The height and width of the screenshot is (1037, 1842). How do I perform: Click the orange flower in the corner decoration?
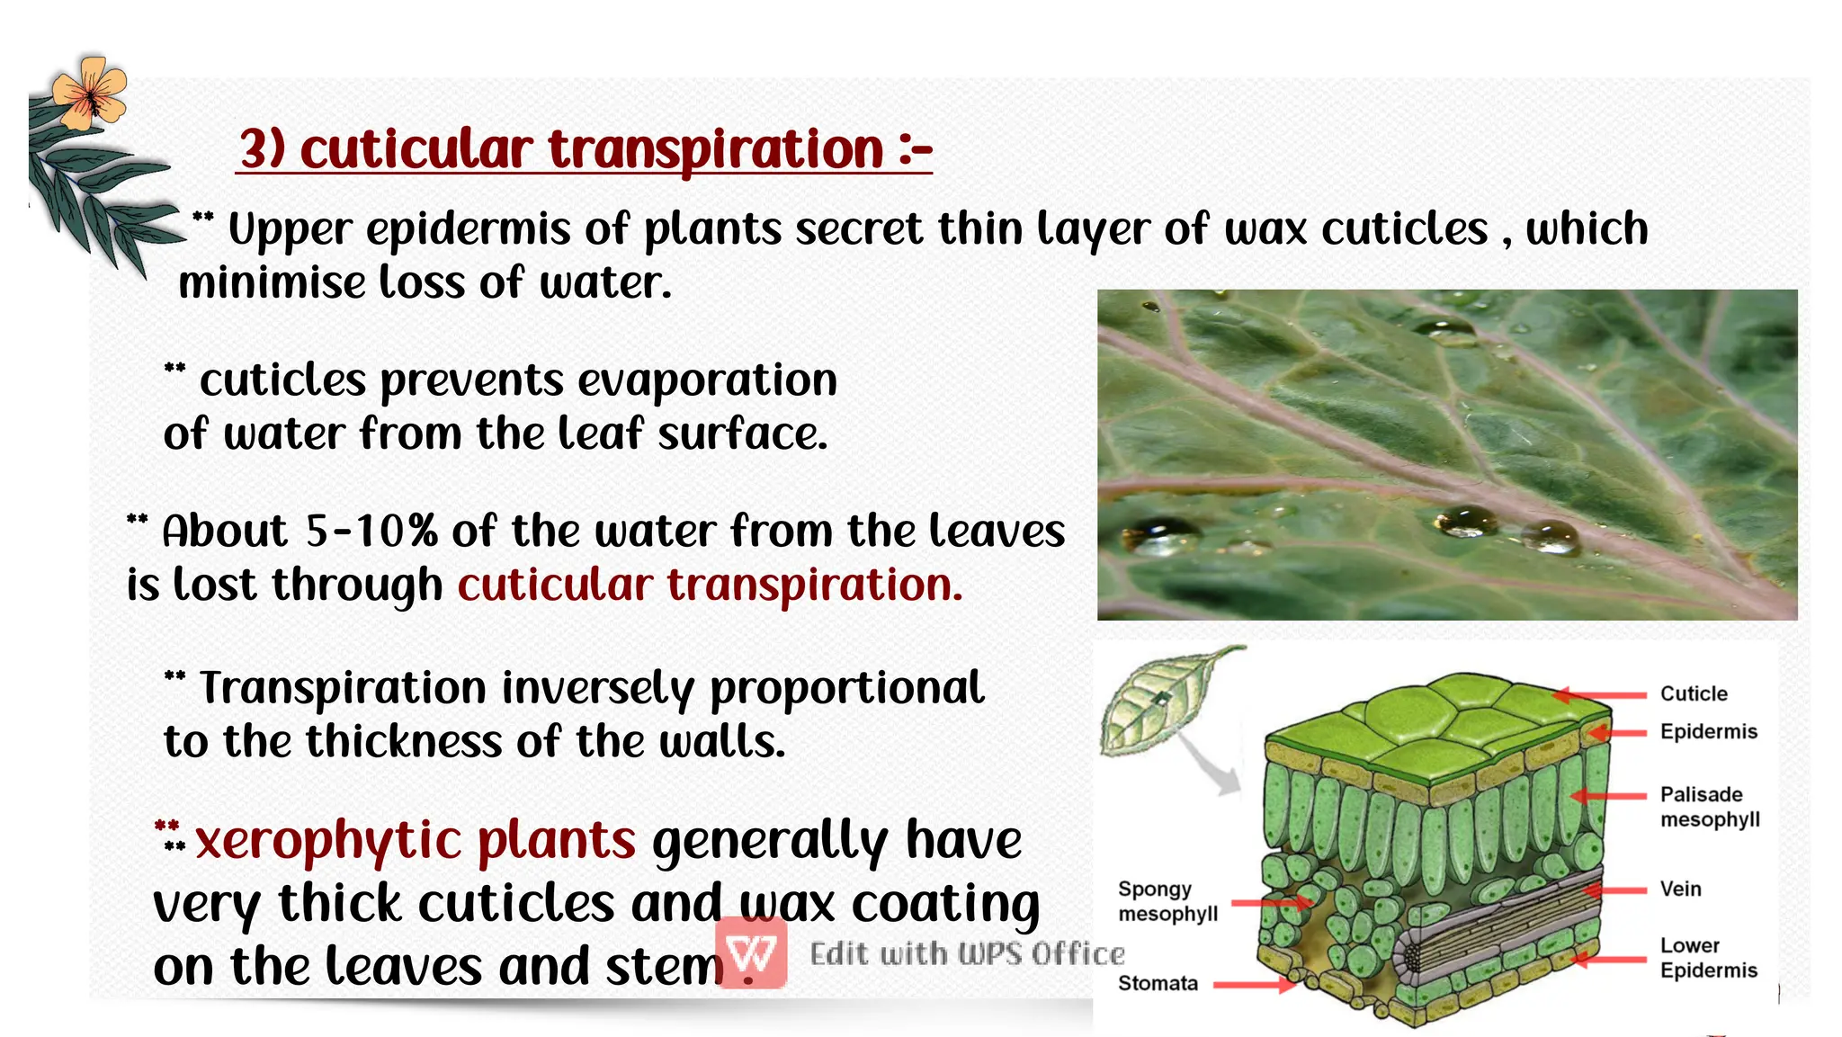tap(89, 91)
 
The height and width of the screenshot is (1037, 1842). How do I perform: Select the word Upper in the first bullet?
tap(290, 230)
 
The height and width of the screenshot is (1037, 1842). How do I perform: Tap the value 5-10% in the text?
tap(371, 531)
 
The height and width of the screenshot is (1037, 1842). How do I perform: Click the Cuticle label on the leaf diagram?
tap(1693, 693)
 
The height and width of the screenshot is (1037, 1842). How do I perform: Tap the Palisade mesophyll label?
tap(1708, 807)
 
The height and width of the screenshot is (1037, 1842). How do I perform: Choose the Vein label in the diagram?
tap(1680, 889)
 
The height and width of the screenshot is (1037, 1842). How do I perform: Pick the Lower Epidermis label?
tap(1707, 958)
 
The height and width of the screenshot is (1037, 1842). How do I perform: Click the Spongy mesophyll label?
tap(1167, 901)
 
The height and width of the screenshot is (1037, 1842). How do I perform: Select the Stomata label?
tap(1157, 983)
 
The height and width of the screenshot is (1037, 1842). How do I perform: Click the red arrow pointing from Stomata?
tap(1254, 985)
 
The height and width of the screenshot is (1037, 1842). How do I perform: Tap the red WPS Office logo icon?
tap(751, 952)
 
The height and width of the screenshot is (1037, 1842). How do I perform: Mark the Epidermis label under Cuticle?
tap(1707, 731)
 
